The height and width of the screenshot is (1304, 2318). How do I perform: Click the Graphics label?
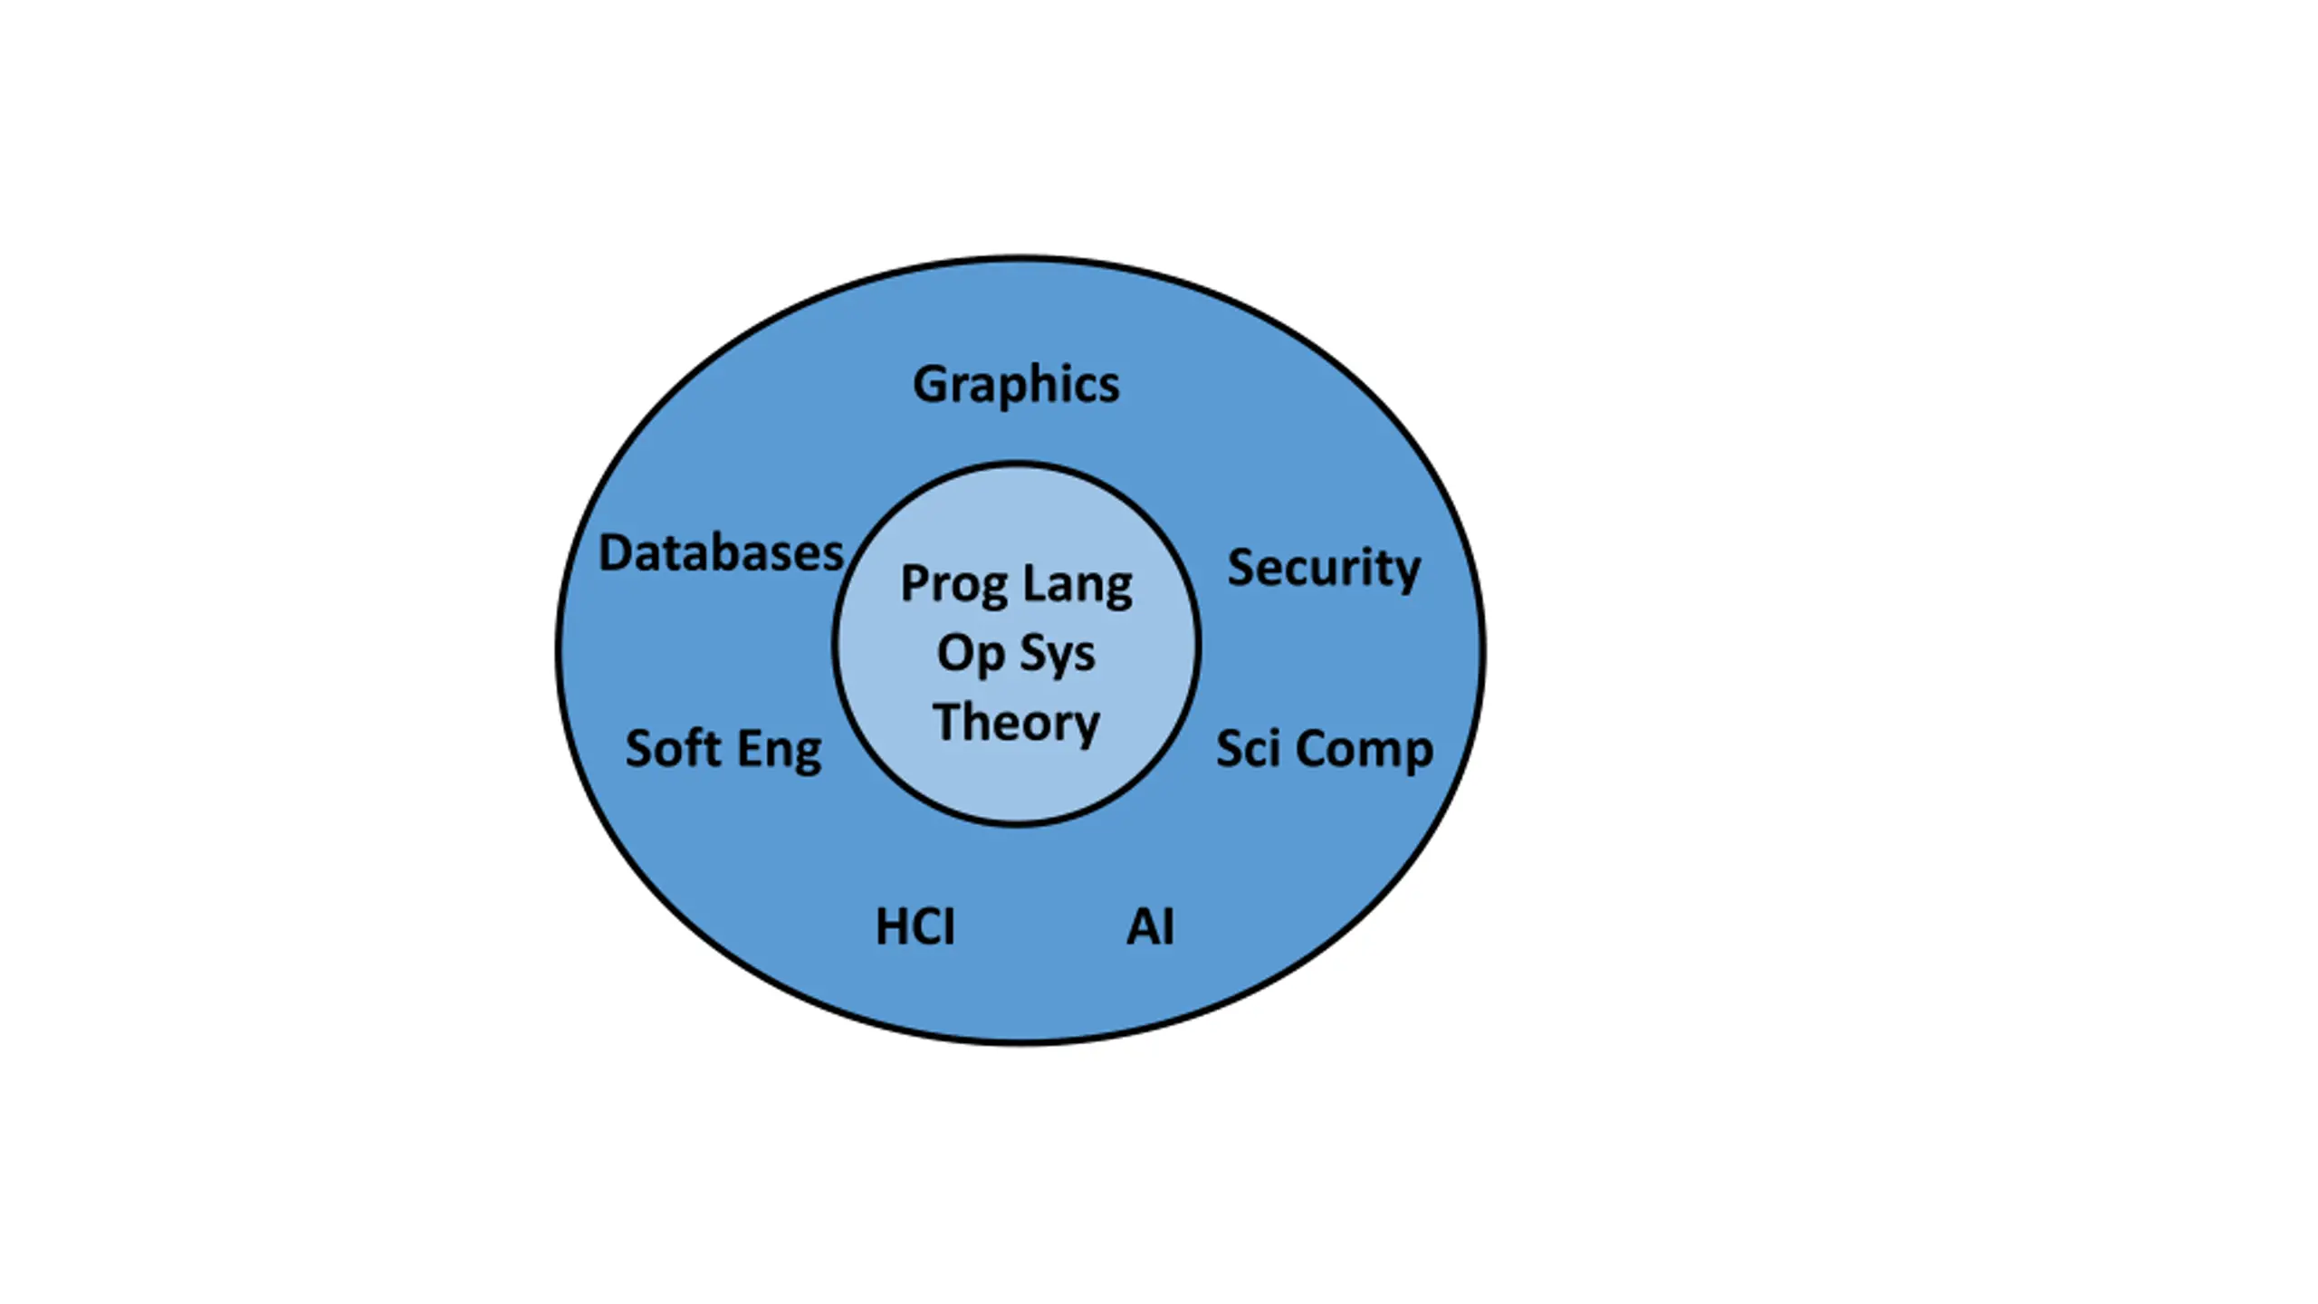click(1016, 385)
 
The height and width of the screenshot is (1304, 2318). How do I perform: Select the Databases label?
click(721, 552)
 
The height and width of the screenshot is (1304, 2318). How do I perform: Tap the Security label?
click(1323, 569)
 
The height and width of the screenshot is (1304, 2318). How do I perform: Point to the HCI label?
click(915, 927)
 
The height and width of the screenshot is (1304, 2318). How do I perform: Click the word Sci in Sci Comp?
click(1249, 749)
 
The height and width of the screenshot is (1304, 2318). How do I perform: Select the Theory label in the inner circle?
click(1016, 723)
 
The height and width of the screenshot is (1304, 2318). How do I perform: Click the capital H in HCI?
click(892, 927)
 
